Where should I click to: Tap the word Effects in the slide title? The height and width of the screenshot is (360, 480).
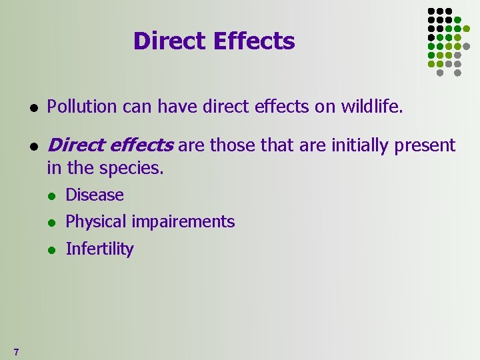[253, 41]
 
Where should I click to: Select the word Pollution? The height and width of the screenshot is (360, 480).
[79, 106]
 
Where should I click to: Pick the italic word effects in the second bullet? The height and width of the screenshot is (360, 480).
[142, 145]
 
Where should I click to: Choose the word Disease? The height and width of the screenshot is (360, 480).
[95, 195]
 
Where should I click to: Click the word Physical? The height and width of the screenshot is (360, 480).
[95, 222]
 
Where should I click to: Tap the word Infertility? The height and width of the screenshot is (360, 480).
[99, 249]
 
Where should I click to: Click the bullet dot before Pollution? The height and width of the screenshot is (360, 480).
[33, 107]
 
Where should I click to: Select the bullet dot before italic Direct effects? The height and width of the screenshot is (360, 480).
[33, 147]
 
